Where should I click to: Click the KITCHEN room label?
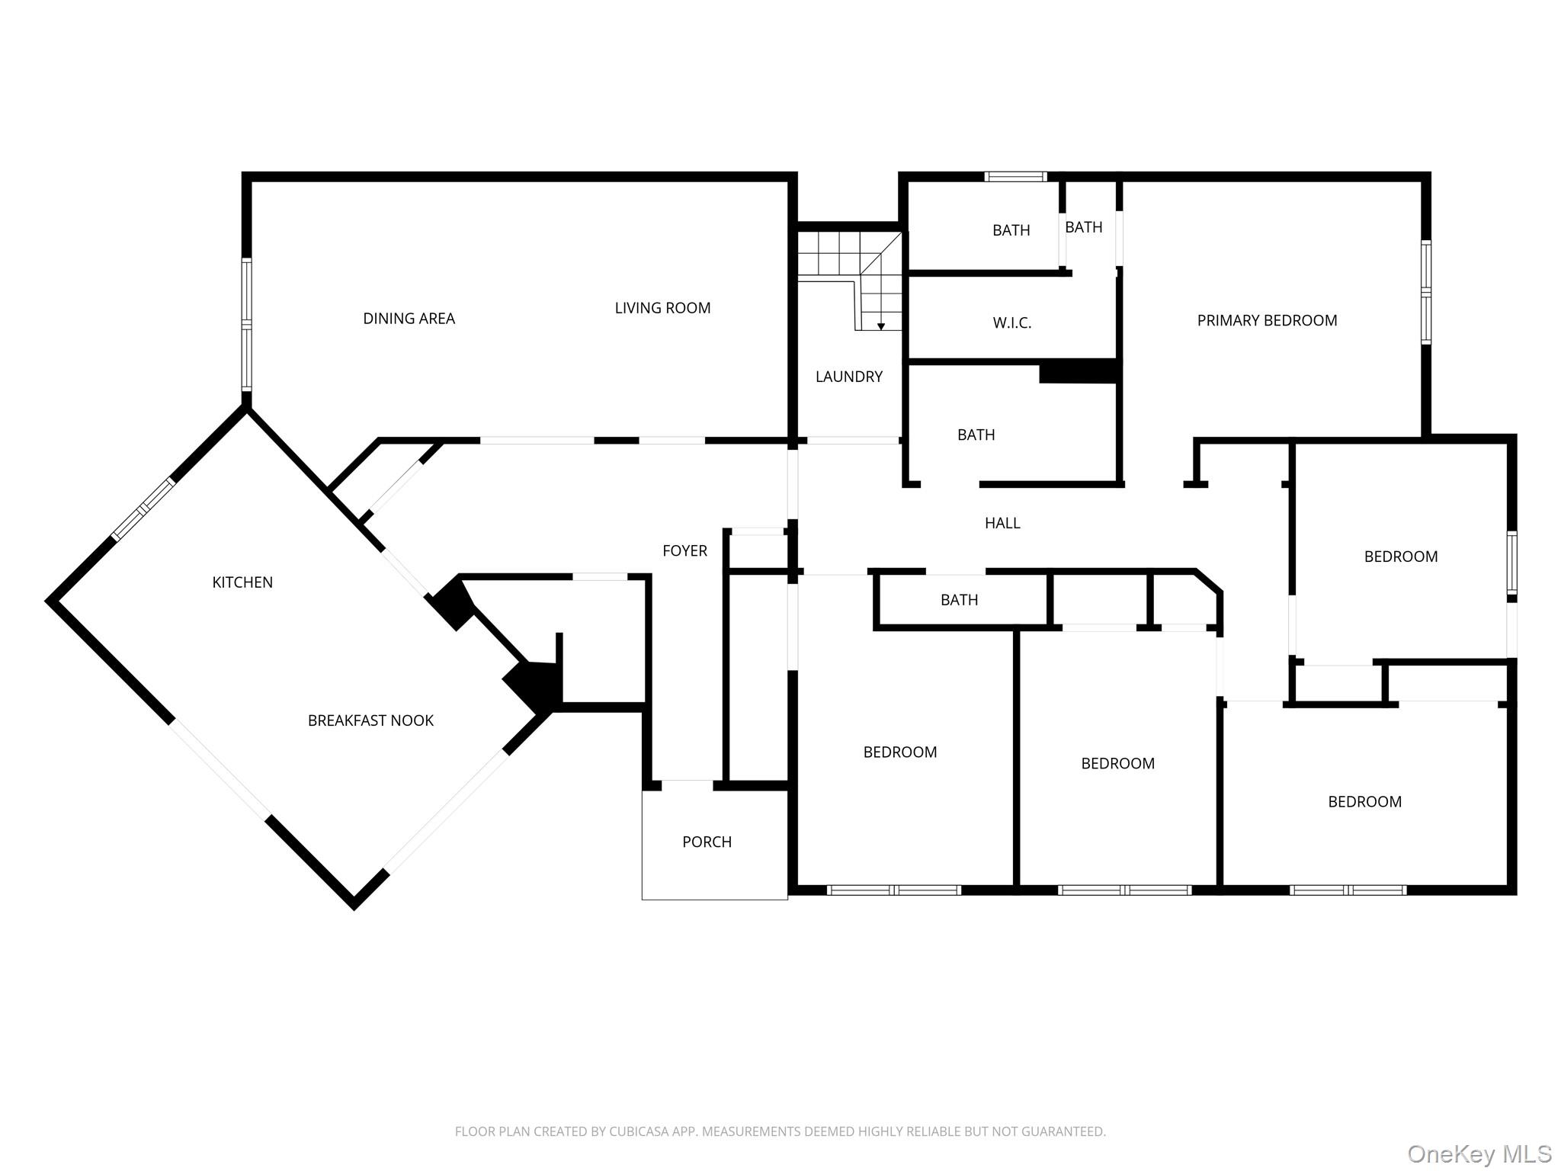click(242, 582)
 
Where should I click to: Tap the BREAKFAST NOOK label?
click(370, 720)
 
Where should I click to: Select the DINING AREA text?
click(409, 319)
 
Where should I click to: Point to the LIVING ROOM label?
click(662, 308)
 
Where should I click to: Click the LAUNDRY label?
click(849, 377)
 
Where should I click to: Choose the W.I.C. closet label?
click(1012, 323)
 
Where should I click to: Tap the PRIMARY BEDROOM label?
click(1267, 321)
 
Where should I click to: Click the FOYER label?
click(684, 550)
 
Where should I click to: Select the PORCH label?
click(707, 842)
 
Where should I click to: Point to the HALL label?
click(1002, 523)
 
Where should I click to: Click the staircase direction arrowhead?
click(881, 326)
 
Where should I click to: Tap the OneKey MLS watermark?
click(1479, 1153)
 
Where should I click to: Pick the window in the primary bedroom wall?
click(1425, 292)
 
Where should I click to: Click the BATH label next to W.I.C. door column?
click(1084, 227)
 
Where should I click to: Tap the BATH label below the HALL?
click(959, 600)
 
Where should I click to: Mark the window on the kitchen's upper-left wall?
click(143, 509)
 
